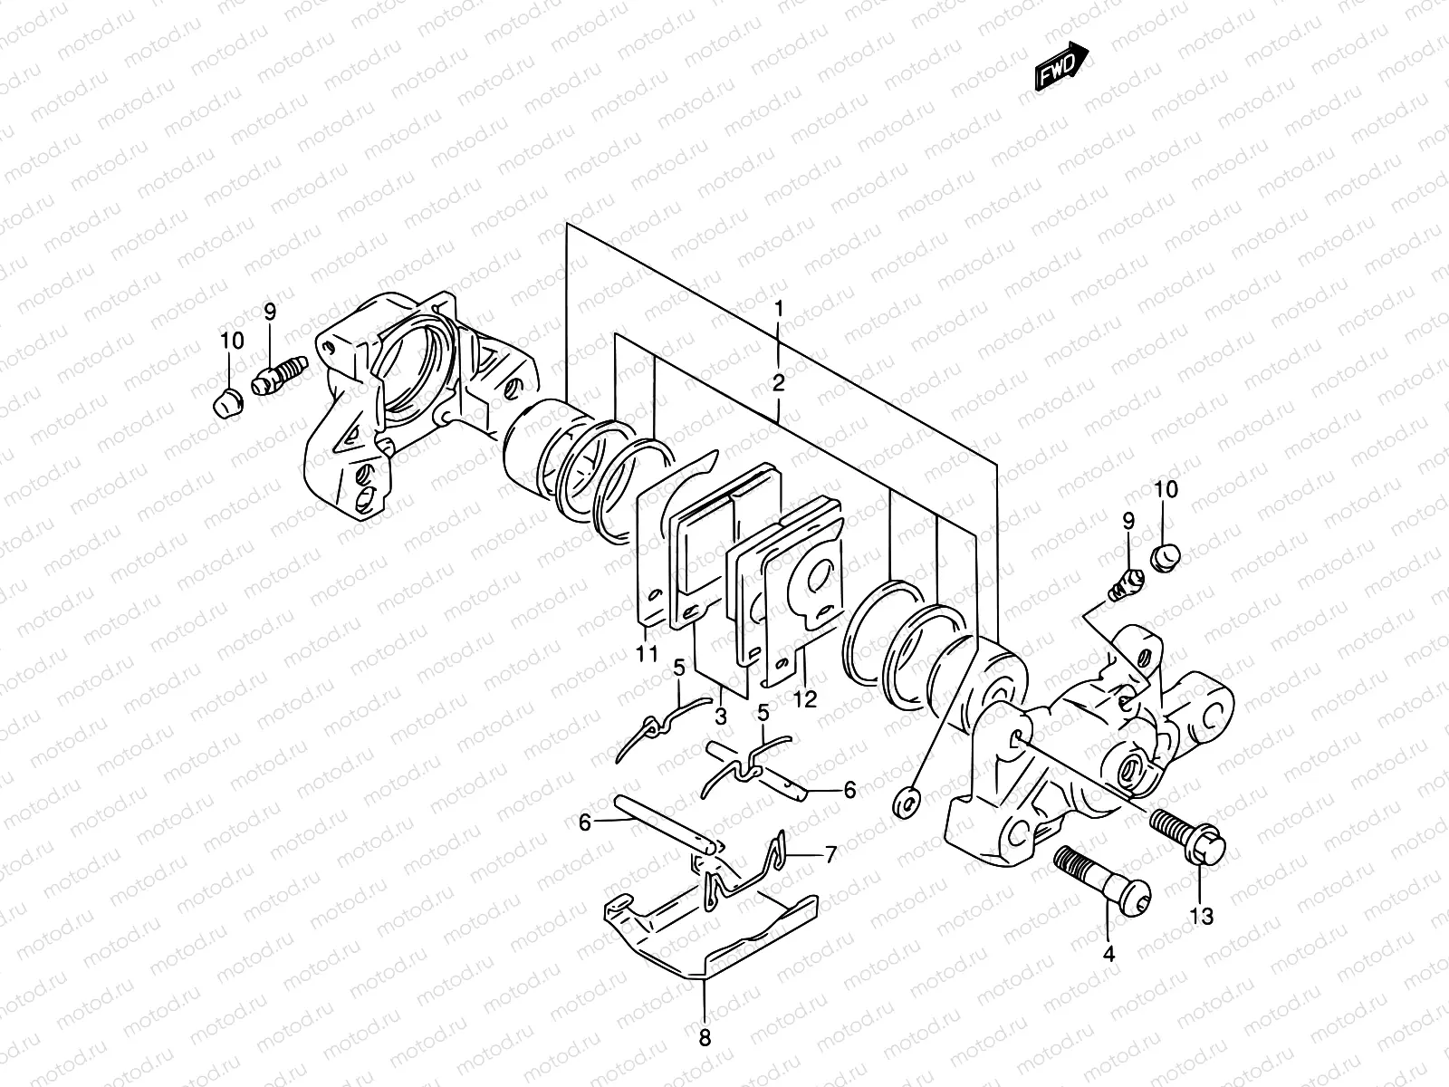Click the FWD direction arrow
tap(1060, 66)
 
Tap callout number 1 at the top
tap(779, 310)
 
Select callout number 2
tap(779, 382)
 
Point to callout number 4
tap(1109, 954)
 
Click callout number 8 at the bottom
tap(705, 1038)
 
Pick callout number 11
tap(646, 654)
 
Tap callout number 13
tap(1202, 917)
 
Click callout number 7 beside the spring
tap(830, 853)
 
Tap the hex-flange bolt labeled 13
tap(1187, 833)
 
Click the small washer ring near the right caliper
tap(906, 801)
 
